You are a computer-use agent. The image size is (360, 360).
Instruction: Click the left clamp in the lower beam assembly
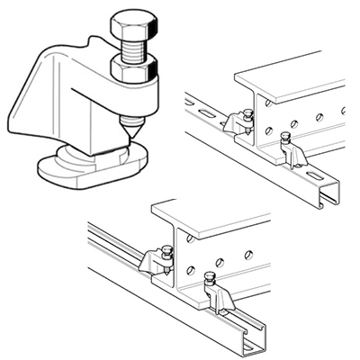(x=159, y=261)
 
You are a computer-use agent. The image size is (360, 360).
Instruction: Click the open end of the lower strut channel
(x=254, y=333)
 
